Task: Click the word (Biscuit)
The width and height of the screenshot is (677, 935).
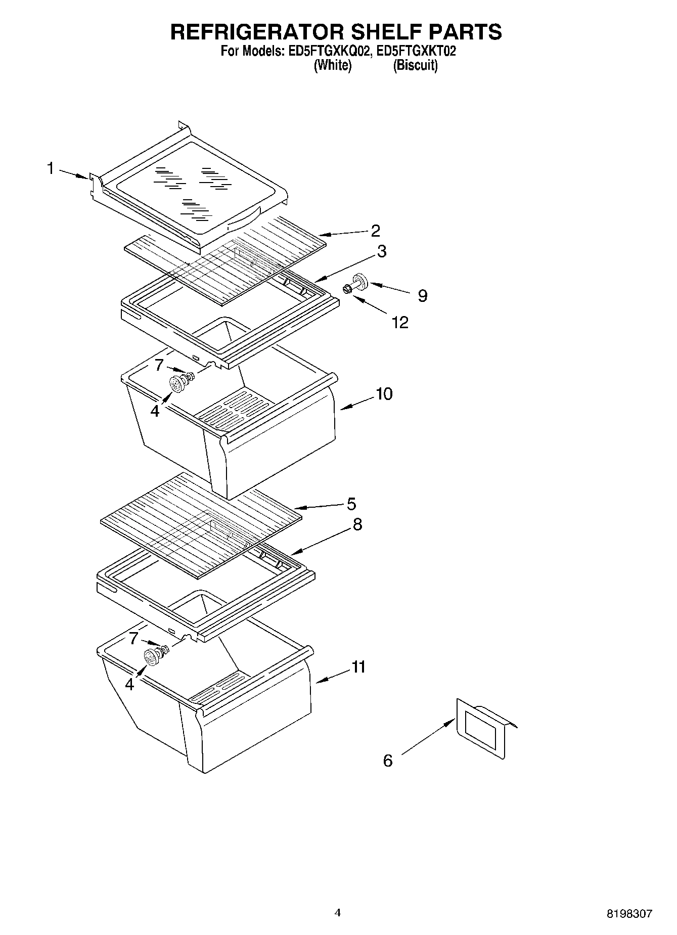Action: click(415, 65)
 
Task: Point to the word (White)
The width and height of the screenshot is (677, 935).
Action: click(333, 65)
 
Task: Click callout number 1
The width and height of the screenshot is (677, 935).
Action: click(51, 168)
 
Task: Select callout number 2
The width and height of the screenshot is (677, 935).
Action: click(375, 231)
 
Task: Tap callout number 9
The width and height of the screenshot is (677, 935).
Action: click(422, 295)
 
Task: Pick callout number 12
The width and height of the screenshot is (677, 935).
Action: click(400, 322)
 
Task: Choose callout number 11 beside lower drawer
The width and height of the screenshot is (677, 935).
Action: click(358, 667)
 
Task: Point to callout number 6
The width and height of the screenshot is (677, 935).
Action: click(388, 760)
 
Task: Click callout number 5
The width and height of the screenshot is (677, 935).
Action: click(351, 504)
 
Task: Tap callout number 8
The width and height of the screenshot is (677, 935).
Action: click(357, 524)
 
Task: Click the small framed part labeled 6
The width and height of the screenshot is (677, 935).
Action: click(483, 728)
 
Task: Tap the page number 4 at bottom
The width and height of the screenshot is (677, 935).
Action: click(338, 912)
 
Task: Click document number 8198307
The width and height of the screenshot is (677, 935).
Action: click(629, 914)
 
